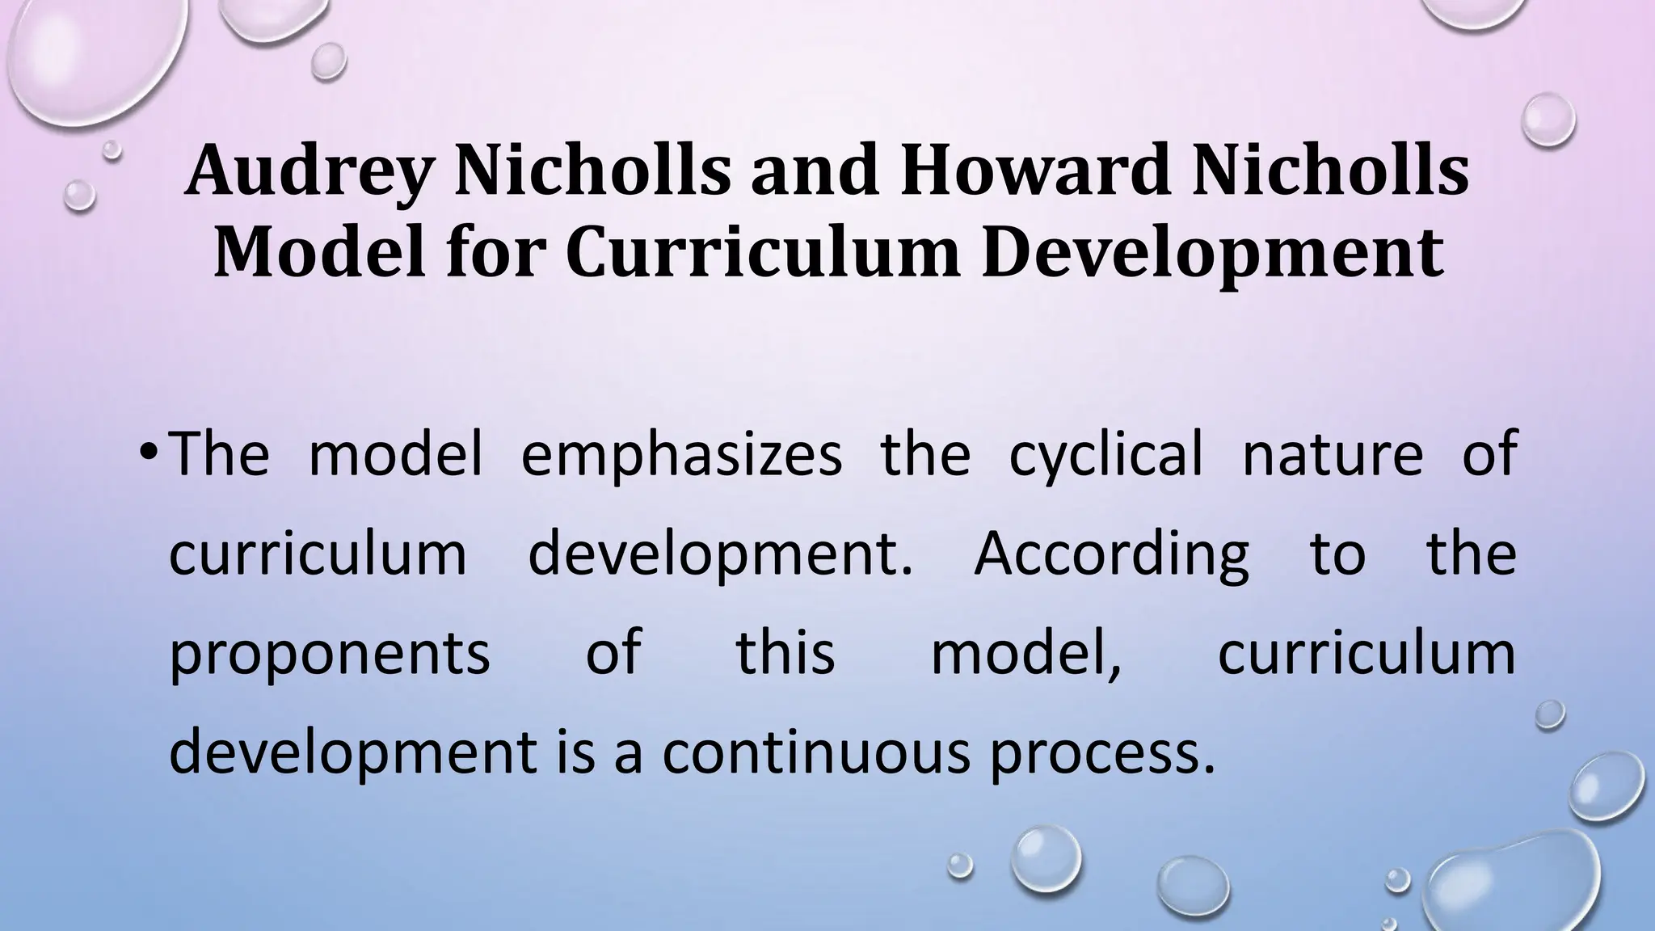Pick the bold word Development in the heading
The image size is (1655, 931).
1212,254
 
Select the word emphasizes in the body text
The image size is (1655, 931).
681,455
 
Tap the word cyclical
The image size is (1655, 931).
1105,455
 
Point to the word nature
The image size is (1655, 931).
1332,453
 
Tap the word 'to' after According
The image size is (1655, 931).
1337,554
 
